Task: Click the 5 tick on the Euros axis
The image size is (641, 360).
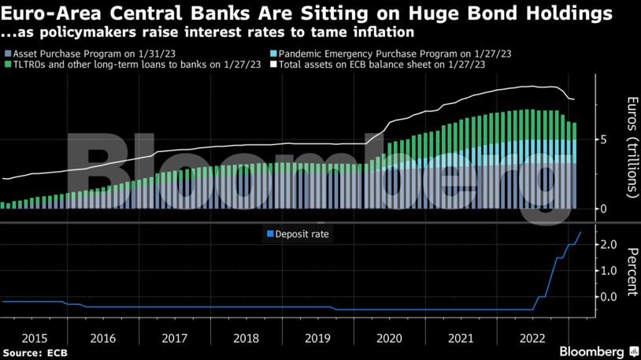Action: point(602,140)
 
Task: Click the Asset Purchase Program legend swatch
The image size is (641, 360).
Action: point(6,53)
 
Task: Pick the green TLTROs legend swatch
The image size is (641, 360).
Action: point(6,64)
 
